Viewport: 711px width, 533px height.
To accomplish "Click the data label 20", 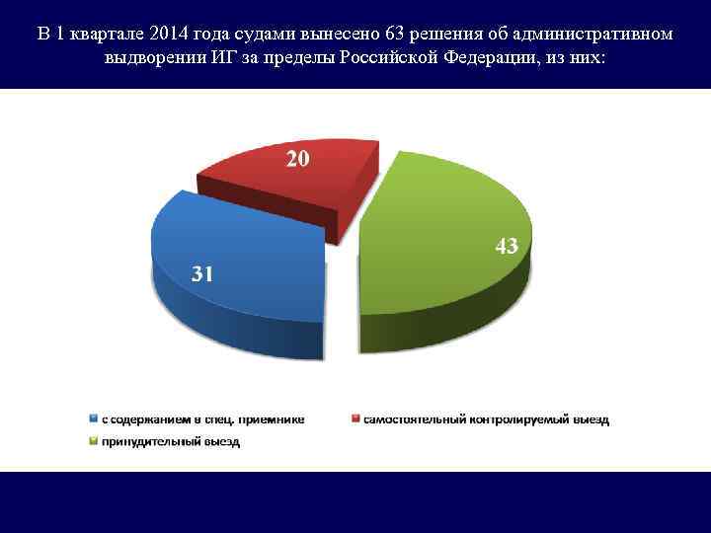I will coord(297,159).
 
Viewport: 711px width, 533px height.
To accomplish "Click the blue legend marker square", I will coord(94,419).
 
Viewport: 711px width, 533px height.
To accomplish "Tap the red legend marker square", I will coord(356,419).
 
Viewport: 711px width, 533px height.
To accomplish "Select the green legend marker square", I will coord(94,442).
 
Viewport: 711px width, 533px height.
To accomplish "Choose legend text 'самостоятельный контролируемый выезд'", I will coord(487,419).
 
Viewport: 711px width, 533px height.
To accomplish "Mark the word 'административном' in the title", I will coord(598,34).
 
